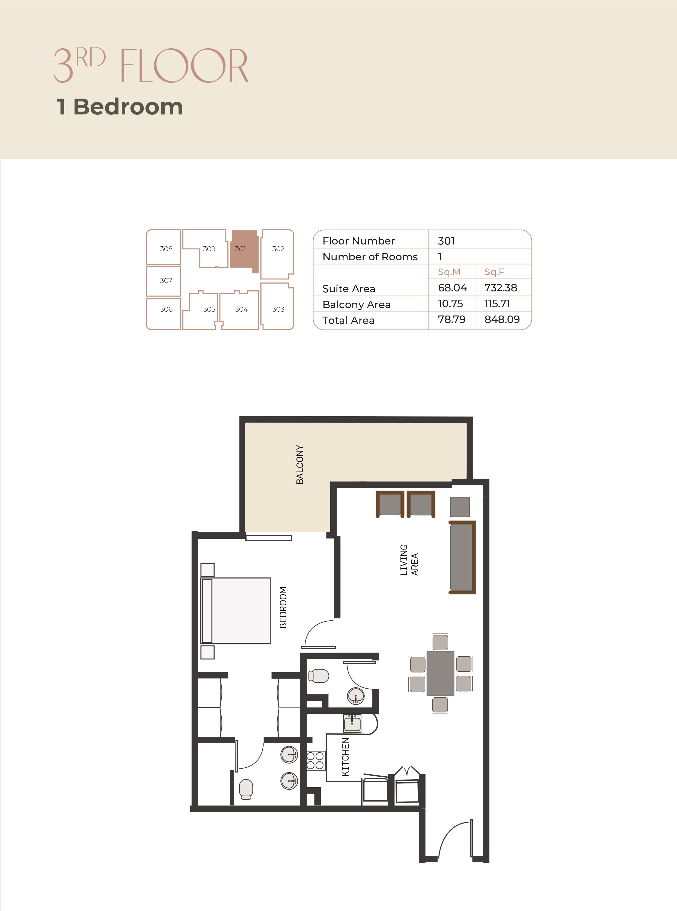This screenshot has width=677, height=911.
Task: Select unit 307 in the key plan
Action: (x=164, y=281)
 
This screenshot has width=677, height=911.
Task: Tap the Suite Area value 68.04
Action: (x=452, y=288)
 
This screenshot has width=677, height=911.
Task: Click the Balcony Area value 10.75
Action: (x=450, y=304)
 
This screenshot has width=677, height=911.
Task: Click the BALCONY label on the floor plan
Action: (x=300, y=465)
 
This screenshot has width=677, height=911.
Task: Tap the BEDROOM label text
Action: (x=283, y=608)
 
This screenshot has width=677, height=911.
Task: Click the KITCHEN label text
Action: (x=346, y=757)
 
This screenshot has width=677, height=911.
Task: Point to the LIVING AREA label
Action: (x=409, y=560)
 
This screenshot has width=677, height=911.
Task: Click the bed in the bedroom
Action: (x=236, y=611)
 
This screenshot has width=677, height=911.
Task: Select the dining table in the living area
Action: (x=440, y=673)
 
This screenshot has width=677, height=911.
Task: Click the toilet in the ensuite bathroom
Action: (x=246, y=789)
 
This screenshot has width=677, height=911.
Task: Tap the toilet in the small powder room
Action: (x=319, y=676)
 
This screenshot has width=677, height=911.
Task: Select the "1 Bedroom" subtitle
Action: (x=120, y=107)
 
